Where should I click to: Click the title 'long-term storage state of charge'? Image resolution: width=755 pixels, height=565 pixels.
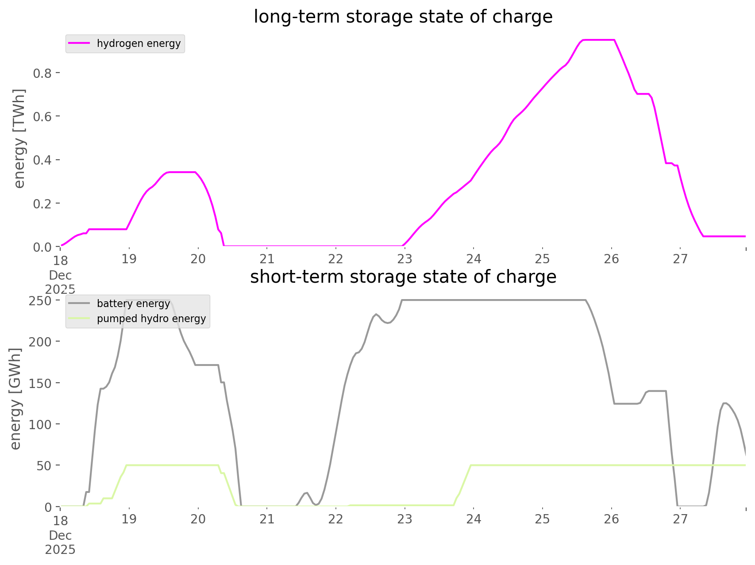point(403,17)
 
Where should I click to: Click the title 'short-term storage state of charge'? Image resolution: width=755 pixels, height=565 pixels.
point(403,277)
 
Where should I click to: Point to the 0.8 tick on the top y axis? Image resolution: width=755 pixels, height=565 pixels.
point(42,73)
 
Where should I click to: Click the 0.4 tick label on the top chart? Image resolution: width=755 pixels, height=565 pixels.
point(42,160)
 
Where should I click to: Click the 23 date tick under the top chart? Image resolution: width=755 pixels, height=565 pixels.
point(404,259)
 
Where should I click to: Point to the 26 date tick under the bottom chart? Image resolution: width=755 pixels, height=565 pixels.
point(611,519)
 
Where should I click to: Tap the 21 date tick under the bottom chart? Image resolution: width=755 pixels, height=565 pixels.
point(267,519)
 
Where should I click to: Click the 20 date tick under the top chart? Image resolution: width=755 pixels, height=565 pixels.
point(198,259)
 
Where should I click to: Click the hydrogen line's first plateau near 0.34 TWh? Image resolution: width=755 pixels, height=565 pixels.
point(181,172)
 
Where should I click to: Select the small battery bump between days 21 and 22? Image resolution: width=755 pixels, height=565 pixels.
point(306,492)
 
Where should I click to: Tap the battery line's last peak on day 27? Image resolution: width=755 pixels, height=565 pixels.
point(724,403)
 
